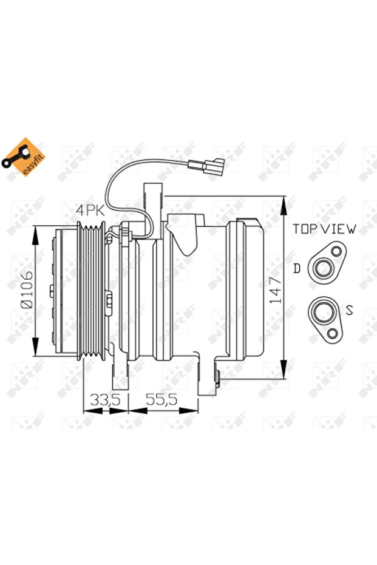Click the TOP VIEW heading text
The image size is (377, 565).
[325, 229]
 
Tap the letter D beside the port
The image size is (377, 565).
[297, 268]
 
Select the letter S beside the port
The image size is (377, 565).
[348, 310]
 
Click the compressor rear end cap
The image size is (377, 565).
[246, 290]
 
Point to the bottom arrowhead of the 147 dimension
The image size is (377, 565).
[284, 374]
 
